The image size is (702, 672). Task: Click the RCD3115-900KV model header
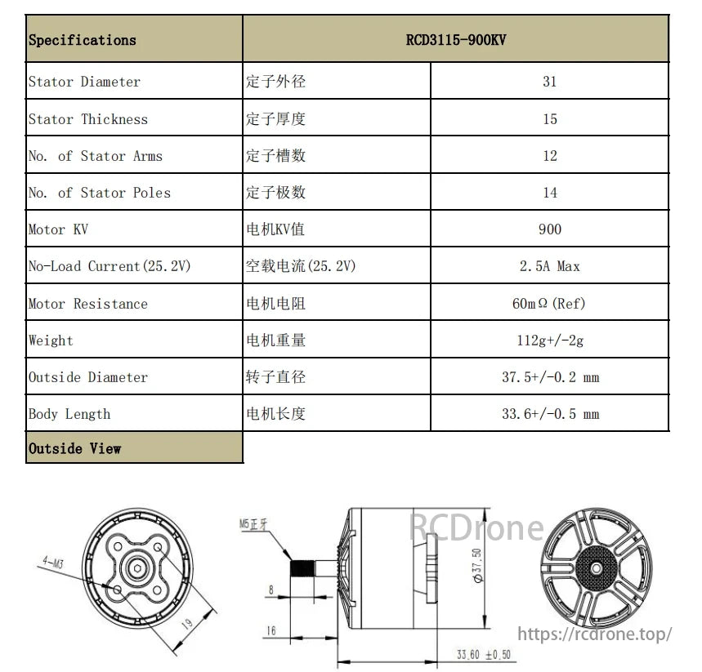456,40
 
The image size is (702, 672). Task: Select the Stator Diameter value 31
550,81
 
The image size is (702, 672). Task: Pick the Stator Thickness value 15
550,118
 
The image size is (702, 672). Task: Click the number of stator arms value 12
550,155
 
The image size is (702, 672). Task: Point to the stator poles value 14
550,193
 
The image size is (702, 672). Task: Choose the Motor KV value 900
550,229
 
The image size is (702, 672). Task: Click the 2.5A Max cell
550,266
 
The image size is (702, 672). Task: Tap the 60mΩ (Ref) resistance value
549,304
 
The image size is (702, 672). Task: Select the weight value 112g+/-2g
550,340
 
